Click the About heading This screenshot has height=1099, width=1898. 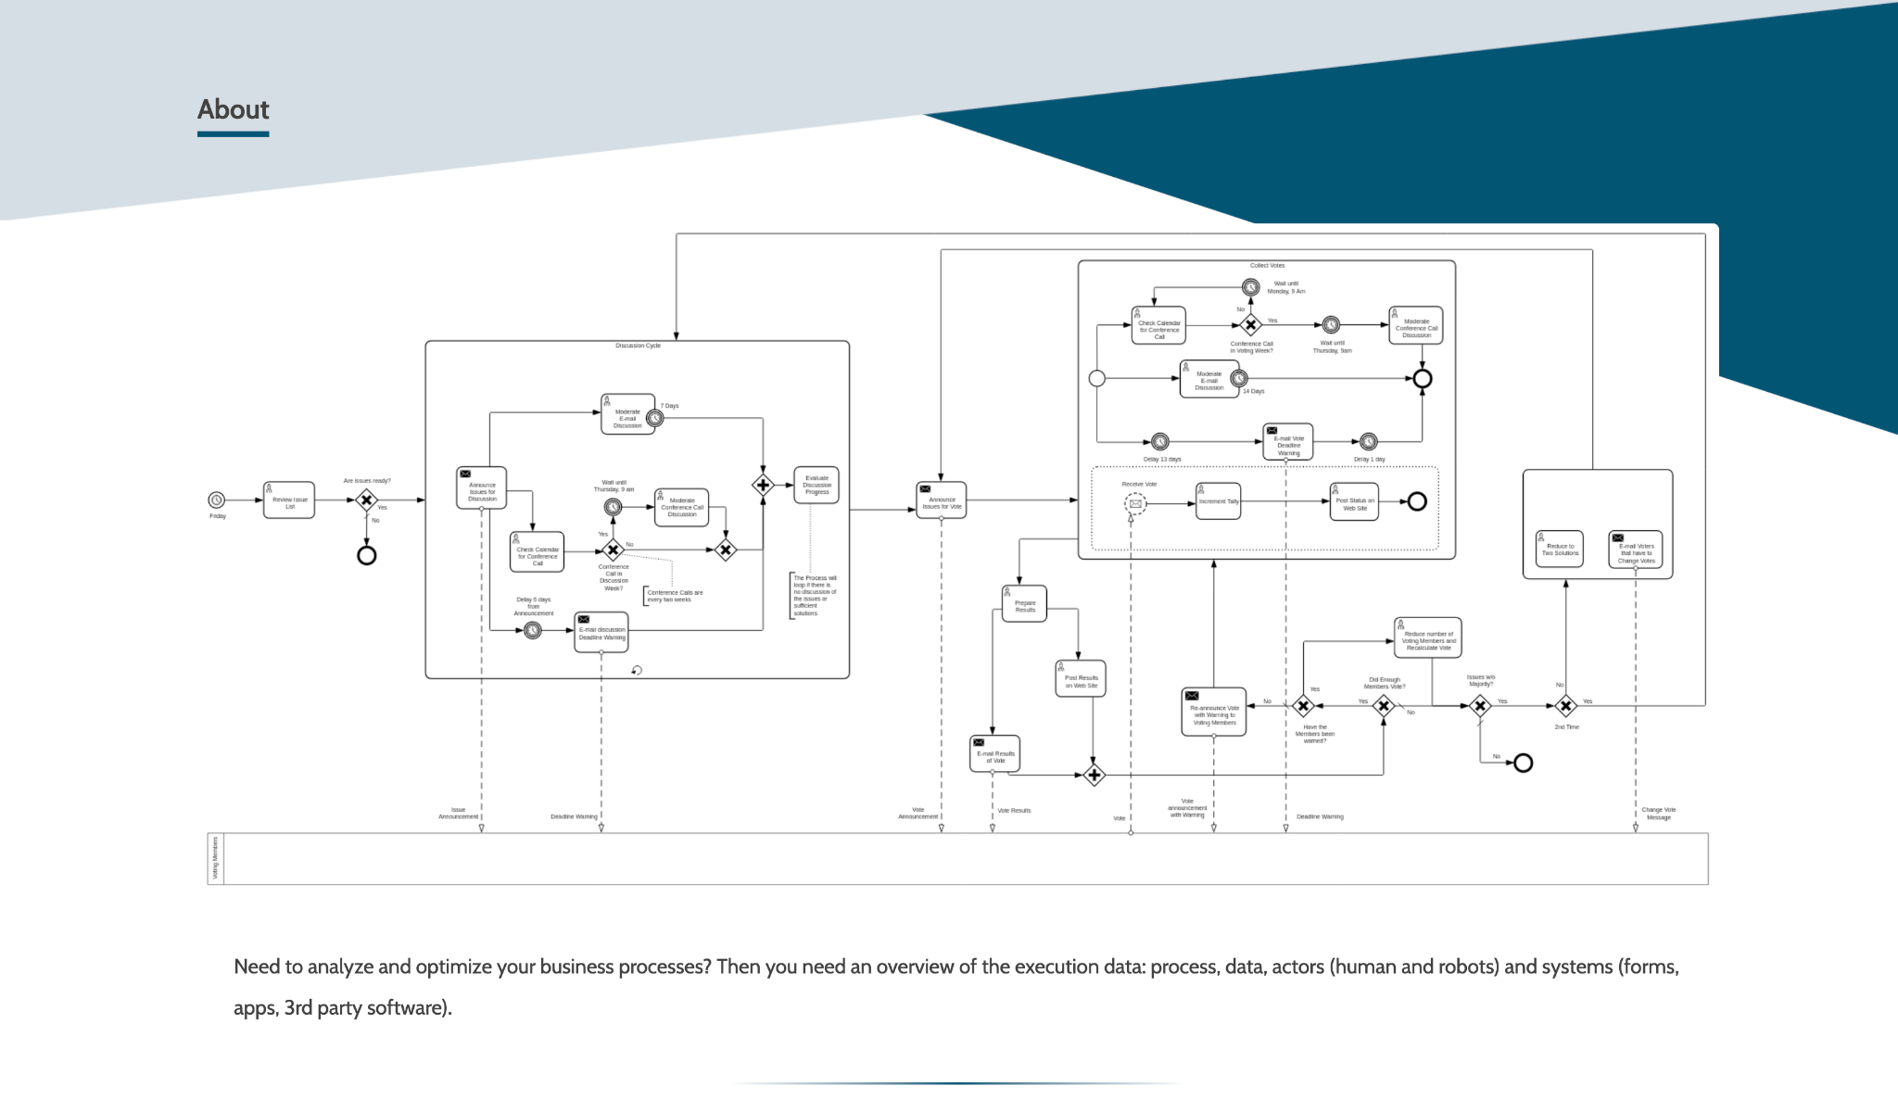[233, 109]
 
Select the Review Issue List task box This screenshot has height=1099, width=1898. [289, 500]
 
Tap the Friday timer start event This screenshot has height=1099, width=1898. [216, 500]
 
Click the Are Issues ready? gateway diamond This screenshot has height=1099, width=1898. [367, 500]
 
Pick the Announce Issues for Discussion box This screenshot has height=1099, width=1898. [482, 488]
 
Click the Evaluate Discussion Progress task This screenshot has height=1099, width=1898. [816, 485]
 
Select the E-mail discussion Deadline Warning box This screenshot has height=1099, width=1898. [601, 632]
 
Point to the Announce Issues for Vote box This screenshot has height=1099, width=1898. [942, 500]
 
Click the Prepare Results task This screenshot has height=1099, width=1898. [1024, 604]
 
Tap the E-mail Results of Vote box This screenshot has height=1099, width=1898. [994, 754]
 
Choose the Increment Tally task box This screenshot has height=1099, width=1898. [1218, 501]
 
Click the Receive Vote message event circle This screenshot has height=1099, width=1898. [1135, 504]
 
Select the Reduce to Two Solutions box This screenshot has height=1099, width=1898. [1560, 549]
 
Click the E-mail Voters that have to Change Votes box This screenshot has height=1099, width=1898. [1636, 550]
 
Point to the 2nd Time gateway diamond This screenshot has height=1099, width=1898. [1565, 706]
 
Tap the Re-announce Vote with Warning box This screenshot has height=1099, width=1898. [1214, 713]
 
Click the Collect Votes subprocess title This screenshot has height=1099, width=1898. [1267, 266]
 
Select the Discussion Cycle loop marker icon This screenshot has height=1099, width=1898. [637, 670]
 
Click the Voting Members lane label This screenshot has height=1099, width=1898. [216, 858]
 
